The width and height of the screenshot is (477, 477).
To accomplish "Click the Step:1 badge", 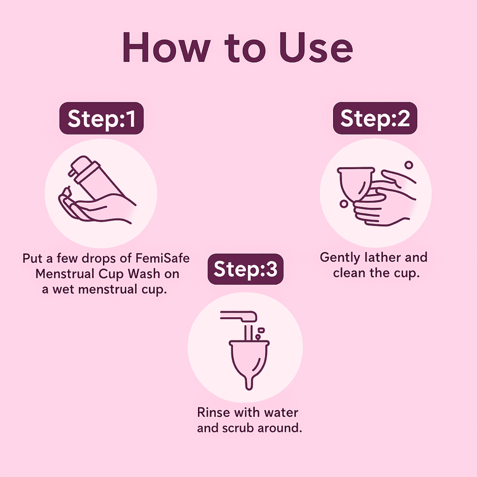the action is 101,118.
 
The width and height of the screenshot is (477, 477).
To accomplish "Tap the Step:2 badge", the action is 375,118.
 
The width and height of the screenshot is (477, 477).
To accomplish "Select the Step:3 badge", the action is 246,269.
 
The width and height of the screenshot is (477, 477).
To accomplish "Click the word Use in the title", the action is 316,48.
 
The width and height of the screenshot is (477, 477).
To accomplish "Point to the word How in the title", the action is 166,48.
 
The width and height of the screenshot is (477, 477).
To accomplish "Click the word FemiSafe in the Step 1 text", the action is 163,258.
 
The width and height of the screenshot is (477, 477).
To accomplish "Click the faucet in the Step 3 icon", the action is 239,316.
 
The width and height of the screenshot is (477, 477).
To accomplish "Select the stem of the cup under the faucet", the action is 249,382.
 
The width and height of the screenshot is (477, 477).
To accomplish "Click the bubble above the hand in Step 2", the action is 409,165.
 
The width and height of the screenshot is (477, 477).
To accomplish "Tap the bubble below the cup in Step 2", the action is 343,204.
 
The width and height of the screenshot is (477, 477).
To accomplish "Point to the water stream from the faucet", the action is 248,333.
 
